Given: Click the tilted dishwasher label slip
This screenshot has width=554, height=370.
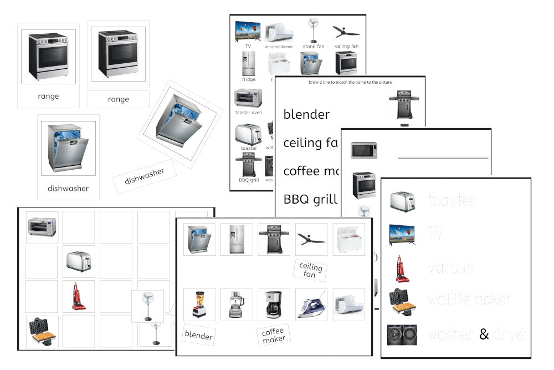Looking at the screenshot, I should (x=145, y=175).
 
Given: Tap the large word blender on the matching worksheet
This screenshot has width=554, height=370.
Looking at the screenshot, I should (x=306, y=114).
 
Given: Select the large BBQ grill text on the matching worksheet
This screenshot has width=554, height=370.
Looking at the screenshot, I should (x=310, y=199).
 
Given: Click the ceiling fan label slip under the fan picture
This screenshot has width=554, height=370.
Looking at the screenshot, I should (x=310, y=270).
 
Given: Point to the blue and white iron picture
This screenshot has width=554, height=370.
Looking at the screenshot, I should (x=311, y=305).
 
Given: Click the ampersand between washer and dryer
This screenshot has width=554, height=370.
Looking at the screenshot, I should (x=484, y=334).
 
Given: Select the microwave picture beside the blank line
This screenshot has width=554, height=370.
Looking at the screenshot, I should (x=364, y=150).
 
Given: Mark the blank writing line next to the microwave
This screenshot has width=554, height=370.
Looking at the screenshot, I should (x=443, y=158).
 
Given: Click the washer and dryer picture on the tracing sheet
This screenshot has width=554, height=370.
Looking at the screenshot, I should (x=403, y=335).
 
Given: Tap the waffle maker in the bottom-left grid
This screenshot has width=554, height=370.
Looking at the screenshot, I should (x=41, y=332).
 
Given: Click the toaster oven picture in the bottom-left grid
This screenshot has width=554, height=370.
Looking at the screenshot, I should (x=41, y=226).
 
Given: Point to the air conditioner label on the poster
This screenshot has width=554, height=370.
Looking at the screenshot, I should (x=279, y=47).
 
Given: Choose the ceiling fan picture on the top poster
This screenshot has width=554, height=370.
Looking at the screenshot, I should (x=346, y=31).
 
